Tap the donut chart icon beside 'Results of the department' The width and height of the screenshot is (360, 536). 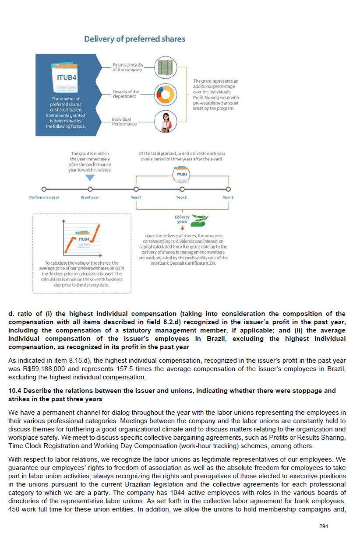point(166,93)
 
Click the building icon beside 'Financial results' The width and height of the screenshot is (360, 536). point(166,67)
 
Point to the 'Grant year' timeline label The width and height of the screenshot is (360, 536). point(90,197)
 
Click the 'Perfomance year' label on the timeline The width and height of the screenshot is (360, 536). point(44,197)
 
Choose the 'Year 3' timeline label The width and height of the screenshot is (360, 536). point(228,197)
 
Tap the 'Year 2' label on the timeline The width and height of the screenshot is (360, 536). point(181,197)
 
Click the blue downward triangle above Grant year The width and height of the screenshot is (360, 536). point(90,178)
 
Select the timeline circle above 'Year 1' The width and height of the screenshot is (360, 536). point(136,189)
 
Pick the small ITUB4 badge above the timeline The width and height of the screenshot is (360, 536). point(182,174)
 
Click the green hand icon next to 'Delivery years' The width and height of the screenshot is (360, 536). point(201,219)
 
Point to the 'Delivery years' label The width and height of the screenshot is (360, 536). point(182,219)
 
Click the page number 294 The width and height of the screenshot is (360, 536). point(323,526)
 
